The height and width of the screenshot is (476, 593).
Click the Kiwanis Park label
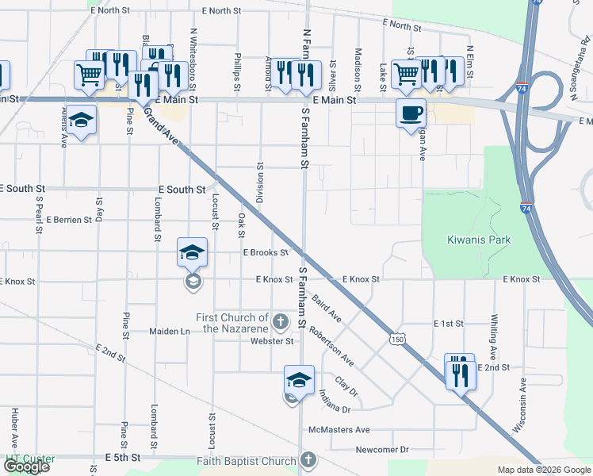click(x=478, y=240)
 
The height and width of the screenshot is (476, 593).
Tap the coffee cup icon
click(x=411, y=113)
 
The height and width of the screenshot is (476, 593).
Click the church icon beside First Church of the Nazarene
click(x=280, y=322)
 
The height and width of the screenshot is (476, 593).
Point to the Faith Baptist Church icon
click(x=308, y=460)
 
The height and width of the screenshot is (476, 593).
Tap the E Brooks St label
click(x=266, y=253)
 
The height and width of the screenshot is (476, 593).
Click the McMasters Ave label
click(x=340, y=430)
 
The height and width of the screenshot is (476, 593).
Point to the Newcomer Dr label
click(x=382, y=449)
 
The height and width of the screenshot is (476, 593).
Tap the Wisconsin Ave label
click(x=519, y=404)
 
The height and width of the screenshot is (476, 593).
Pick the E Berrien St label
click(x=69, y=219)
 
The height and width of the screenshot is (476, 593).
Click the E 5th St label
click(x=122, y=459)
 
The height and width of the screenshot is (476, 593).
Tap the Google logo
click(x=26, y=466)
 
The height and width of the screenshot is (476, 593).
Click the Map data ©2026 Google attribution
click(x=543, y=470)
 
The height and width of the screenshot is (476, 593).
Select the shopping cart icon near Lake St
click(x=405, y=74)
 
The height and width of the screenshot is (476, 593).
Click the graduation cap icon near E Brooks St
click(x=192, y=251)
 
